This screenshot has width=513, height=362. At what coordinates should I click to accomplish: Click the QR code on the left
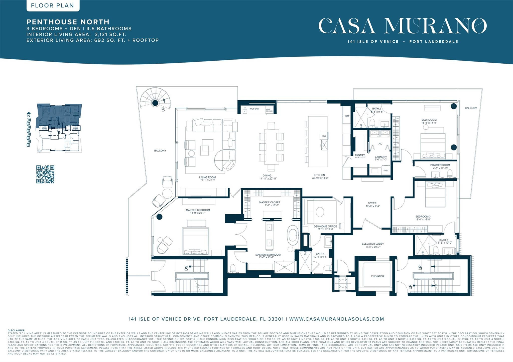[x=45, y=174]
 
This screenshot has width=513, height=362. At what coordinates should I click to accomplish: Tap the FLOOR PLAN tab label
[x=53, y=6]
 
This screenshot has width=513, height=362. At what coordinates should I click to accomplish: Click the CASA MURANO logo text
[x=402, y=26]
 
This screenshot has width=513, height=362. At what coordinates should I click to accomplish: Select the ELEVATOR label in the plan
[x=377, y=276]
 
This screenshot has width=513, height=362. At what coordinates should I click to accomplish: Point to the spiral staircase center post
[x=155, y=103]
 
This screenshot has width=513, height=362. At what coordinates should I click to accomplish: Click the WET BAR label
[x=254, y=109]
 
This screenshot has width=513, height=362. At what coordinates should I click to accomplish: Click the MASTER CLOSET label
[x=270, y=202]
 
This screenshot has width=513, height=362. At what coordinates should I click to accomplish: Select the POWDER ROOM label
[x=440, y=165]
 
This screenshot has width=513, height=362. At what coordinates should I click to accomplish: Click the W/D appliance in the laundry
[x=385, y=170]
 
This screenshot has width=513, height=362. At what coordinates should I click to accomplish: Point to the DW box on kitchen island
[x=324, y=136]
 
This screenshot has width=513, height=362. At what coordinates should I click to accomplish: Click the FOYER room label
[x=372, y=203]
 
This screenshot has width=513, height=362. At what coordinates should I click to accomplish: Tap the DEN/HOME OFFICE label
[x=325, y=226]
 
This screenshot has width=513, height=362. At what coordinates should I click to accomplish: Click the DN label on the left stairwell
[x=186, y=268]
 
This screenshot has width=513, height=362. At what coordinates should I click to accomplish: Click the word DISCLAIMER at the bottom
[x=16, y=330]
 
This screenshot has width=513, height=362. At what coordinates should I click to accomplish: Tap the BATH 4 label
[x=320, y=254]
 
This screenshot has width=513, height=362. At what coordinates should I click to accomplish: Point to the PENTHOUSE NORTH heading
[x=68, y=22]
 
